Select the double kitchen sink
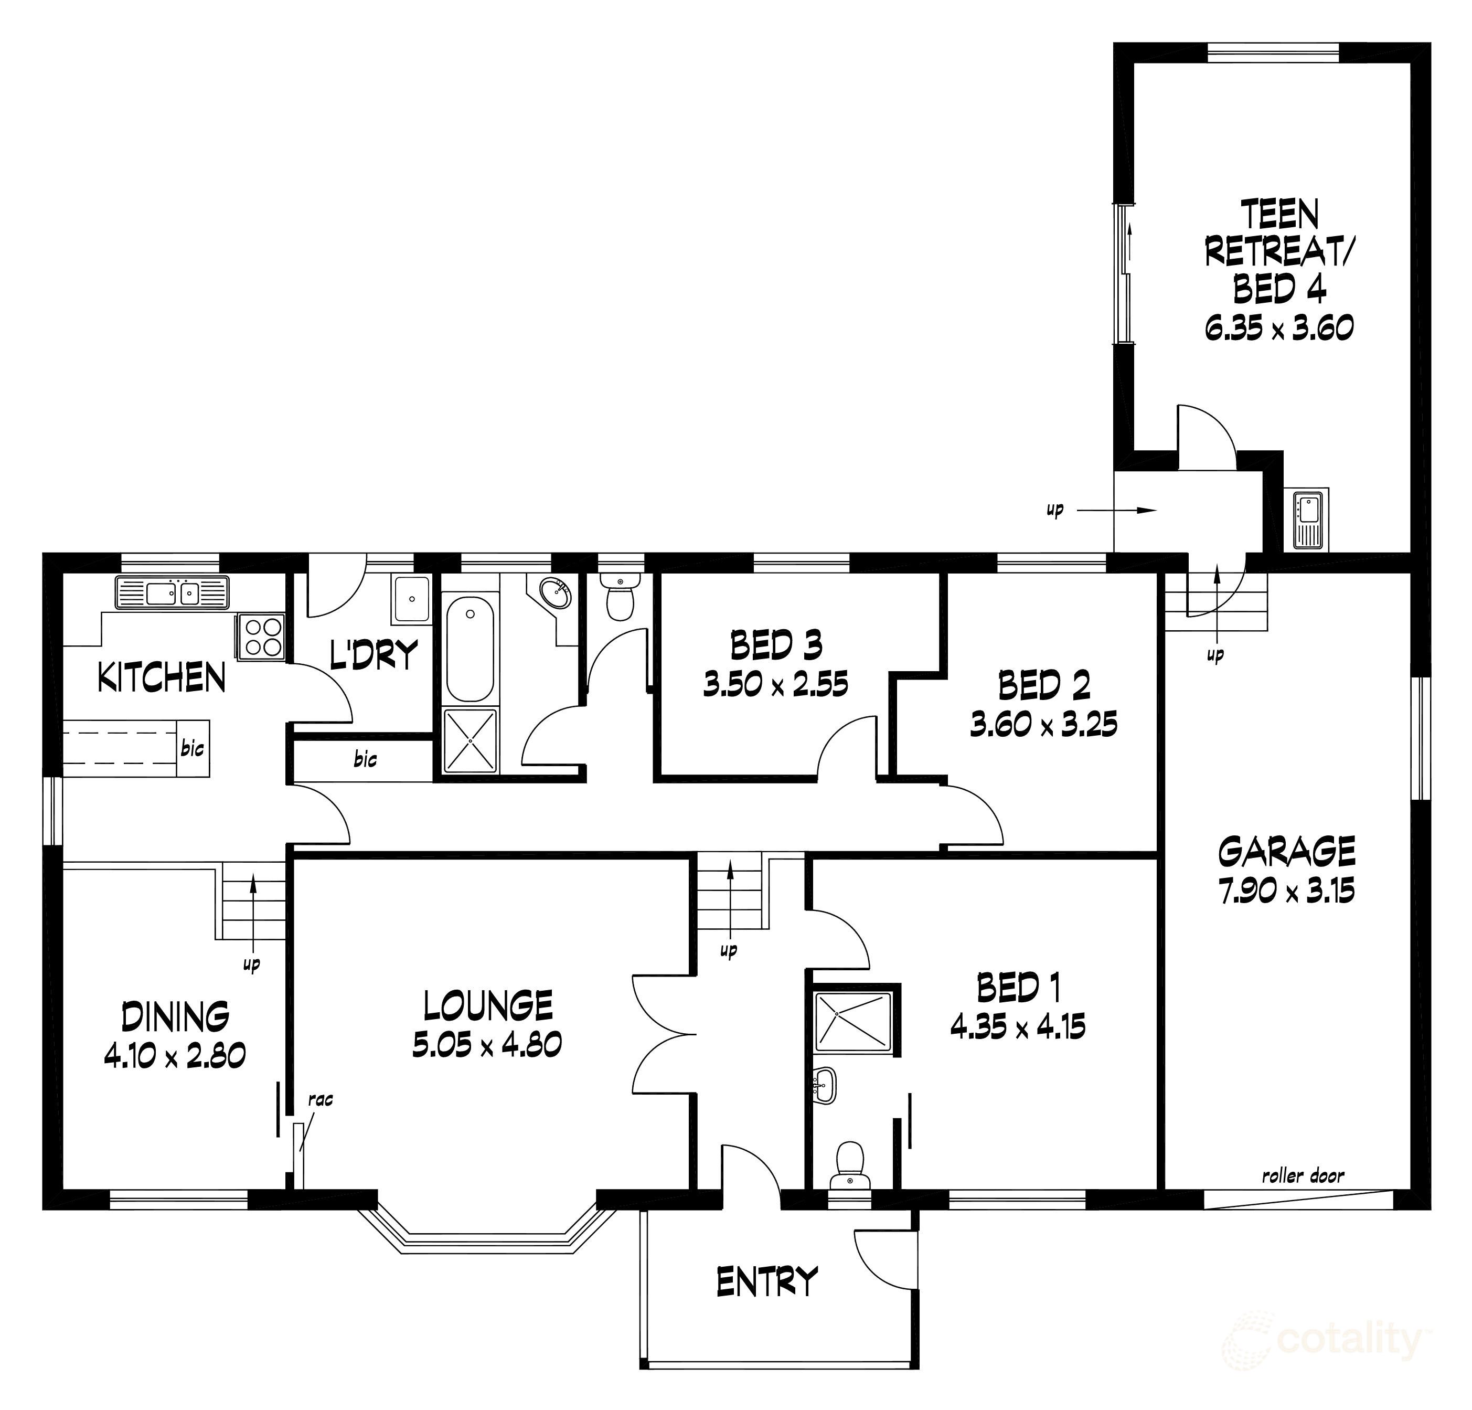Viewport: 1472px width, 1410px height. [172, 593]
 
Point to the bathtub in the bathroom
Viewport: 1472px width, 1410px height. [470, 649]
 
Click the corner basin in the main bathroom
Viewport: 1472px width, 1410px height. [556, 593]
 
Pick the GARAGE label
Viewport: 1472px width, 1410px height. [1286, 852]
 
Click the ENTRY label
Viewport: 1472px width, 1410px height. [766, 1281]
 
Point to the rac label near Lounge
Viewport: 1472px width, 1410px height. [320, 1100]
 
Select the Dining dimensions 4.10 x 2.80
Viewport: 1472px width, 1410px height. [175, 1057]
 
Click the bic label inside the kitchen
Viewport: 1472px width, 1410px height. [192, 748]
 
